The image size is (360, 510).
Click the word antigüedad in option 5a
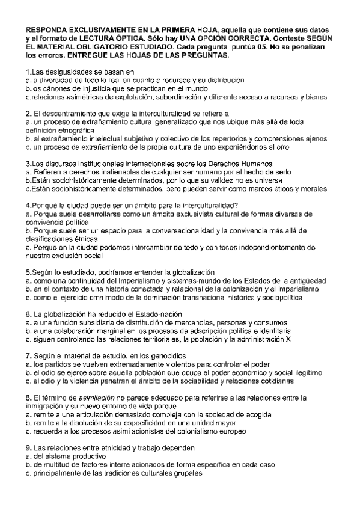coord(307,280)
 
